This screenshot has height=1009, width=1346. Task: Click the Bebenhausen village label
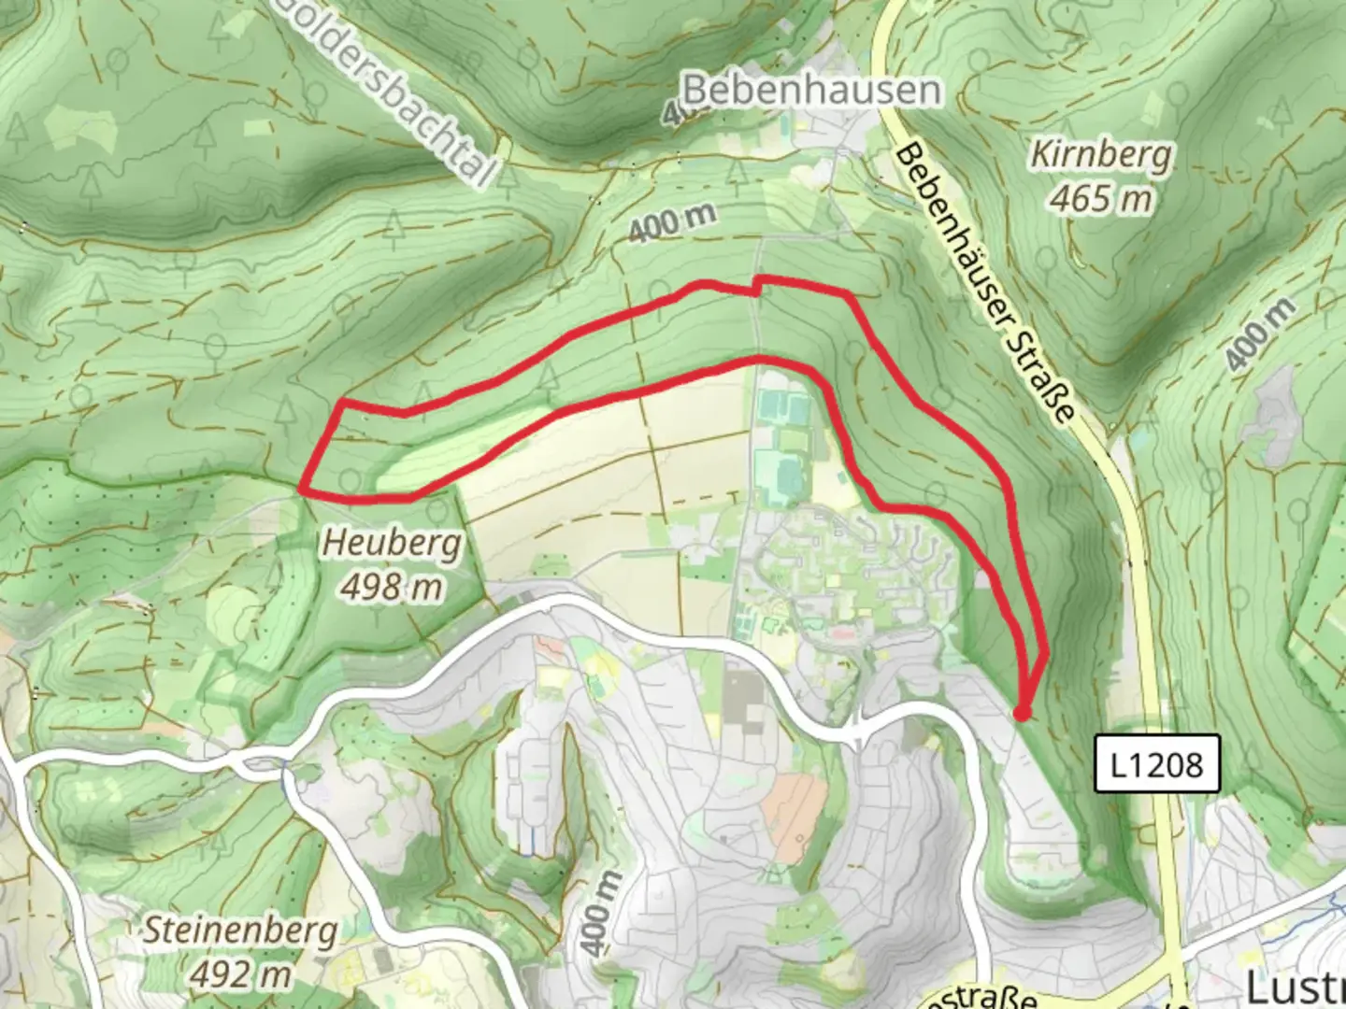(811, 91)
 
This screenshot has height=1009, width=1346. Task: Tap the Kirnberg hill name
(1100, 154)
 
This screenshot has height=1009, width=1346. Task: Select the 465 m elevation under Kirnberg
(1100, 198)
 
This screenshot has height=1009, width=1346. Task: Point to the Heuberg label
(392, 543)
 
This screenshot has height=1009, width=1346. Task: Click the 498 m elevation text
(392, 588)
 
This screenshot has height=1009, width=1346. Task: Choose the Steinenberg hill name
(240, 931)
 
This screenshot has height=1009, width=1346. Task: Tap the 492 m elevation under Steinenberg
(240, 974)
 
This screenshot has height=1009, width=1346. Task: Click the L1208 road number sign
(1157, 764)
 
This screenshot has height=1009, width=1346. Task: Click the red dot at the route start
(1022, 714)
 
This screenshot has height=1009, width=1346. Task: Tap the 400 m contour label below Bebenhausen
(672, 223)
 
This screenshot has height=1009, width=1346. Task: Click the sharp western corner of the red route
(302, 487)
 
